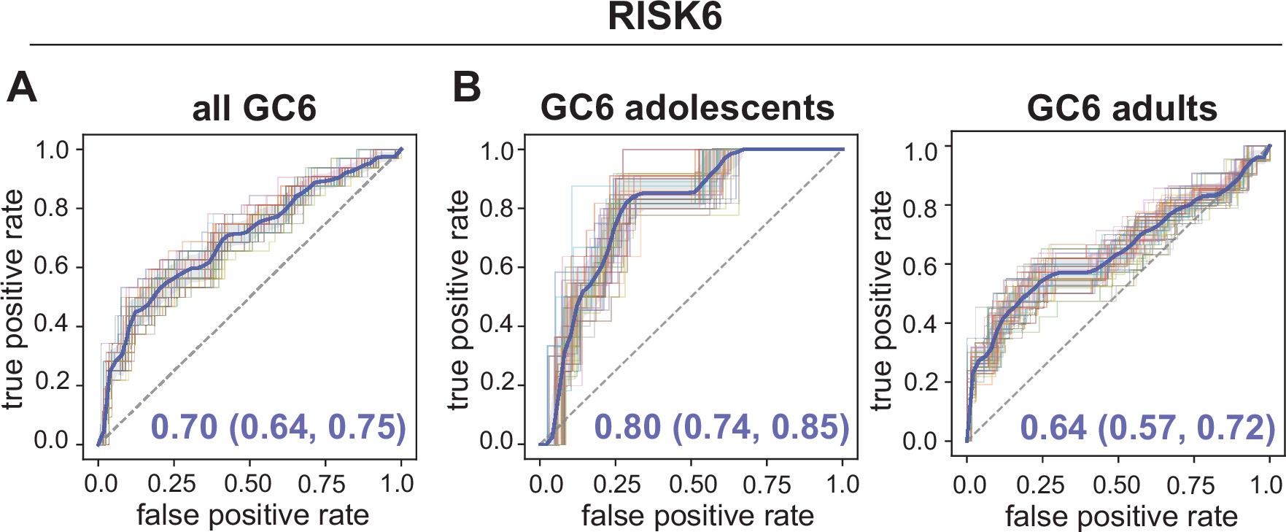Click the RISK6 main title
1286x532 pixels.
(x=665, y=17)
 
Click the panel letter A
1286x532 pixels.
(x=21, y=88)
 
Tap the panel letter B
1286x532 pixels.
(x=466, y=87)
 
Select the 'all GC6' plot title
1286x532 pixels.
(x=254, y=109)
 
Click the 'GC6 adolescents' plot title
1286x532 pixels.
(x=686, y=107)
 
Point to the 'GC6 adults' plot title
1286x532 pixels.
(x=1121, y=108)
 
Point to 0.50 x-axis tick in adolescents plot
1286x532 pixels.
(x=692, y=485)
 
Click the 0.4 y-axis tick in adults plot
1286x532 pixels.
(x=920, y=323)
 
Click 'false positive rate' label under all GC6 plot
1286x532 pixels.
(x=252, y=515)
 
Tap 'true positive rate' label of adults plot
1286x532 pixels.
(x=882, y=300)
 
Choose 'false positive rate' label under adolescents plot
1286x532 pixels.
(x=697, y=516)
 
